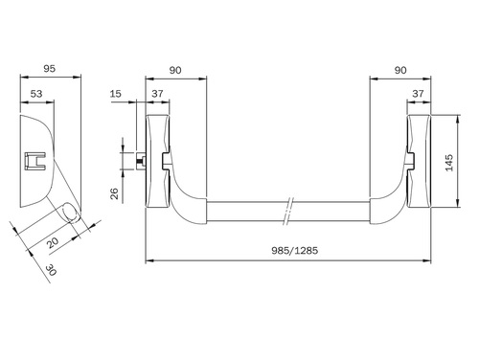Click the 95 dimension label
coord(50,69)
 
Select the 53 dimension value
coord(36,94)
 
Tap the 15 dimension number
coord(116,94)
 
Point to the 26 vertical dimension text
coord(114,193)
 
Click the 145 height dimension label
coord(449,163)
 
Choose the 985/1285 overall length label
coord(295,251)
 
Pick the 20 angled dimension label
coord(53,242)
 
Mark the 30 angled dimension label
coord(51,270)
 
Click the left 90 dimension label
coord(175,70)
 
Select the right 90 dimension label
coord(400,70)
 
